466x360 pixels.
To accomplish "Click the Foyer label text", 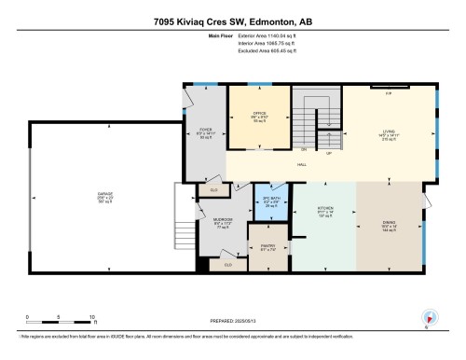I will (204, 134).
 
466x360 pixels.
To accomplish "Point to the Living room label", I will (391, 134).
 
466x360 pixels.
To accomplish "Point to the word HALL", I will (303, 165).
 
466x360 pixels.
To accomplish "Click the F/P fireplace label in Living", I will (389, 91).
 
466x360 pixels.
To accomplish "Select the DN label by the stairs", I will (303, 149).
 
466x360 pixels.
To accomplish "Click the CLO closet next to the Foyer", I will (213, 189).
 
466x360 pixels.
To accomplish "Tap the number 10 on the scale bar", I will (91, 316).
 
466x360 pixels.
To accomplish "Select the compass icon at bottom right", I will (429, 317).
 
